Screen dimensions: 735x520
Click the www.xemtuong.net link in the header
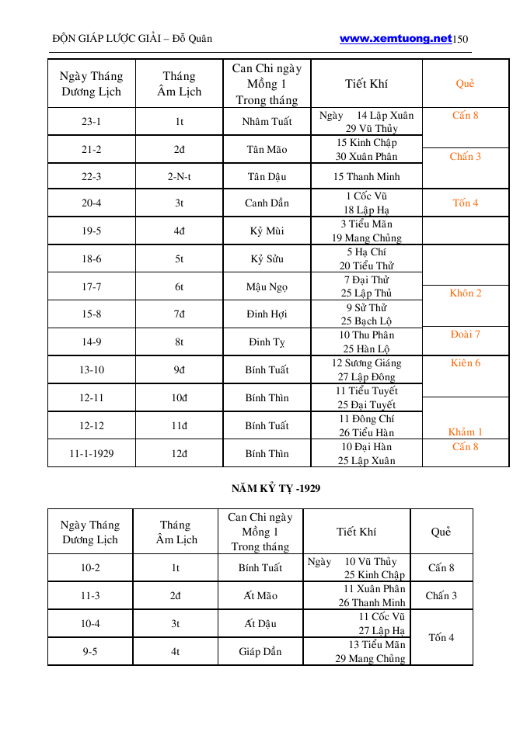click(396, 38)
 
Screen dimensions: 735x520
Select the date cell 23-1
click(91, 122)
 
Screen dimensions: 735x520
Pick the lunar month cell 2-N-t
click(179, 176)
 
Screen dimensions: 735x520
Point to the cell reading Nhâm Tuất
click(267, 122)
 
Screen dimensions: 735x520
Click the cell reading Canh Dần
click(267, 203)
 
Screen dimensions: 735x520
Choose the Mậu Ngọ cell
click(267, 286)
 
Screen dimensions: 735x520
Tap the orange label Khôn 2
click(466, 293)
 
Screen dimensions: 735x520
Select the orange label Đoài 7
click(466, 335)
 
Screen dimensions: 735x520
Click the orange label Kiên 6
click(466, 362)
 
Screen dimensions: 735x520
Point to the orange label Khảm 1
click(466, 432)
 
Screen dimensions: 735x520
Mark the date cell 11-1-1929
click(91, 453)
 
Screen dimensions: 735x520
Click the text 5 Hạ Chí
click(366, 252)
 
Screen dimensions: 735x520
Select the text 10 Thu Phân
click(367, 335)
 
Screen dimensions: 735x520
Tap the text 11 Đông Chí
click(367, 419)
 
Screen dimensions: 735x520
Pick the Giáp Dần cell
click(260, 652)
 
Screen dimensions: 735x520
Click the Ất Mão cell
click(260, 596)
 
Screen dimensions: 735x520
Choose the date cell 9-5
click(90, 652)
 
